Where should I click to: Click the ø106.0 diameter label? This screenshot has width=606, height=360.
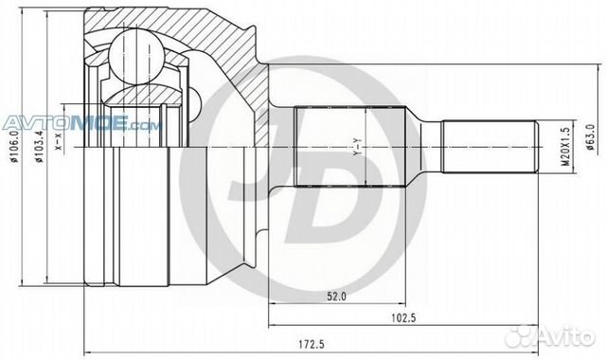(x=16, y=153)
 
